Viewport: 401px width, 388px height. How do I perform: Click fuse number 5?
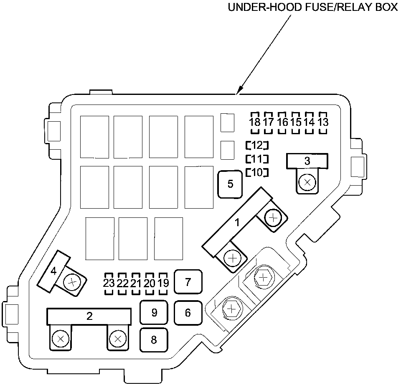coord(230,184)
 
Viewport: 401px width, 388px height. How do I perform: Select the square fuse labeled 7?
coord(188,282)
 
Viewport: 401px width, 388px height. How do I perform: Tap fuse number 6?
coord(188,313)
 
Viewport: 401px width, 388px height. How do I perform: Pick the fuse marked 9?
coord(154,313)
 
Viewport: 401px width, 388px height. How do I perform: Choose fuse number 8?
coord(154,339)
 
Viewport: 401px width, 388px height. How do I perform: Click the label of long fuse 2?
coord(89,316)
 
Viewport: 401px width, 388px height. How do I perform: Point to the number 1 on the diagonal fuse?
coord(237,222)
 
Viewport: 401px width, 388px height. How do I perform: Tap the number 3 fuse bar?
coord(307,161)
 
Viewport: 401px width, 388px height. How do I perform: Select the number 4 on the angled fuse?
coord(53,271)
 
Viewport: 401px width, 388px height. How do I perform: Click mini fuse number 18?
coord(254,123)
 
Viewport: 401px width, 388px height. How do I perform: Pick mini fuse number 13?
coord(323,123)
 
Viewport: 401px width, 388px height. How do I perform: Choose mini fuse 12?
coord(257,145)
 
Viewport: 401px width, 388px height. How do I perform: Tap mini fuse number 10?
coord(257,172)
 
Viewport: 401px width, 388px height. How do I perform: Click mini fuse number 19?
coord(163,283)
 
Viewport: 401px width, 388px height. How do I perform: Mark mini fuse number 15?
coord(296,123)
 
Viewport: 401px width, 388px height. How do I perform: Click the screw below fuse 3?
coord(308,182)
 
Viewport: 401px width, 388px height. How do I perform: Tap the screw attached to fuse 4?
coord(72,283)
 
